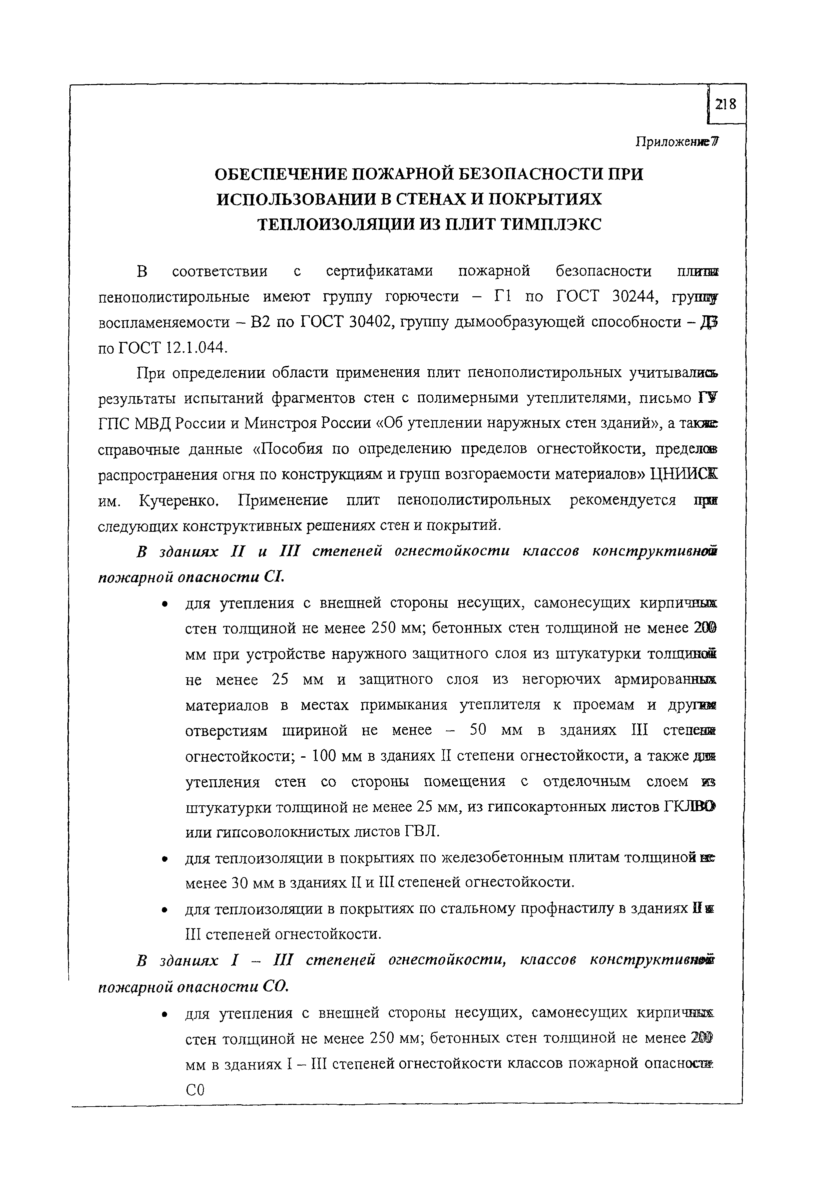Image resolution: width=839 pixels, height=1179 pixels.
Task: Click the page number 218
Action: pyautogui.click(x=725, y=105)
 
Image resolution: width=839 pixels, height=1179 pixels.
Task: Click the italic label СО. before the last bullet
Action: pyautogui.click(x=275, y=986)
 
